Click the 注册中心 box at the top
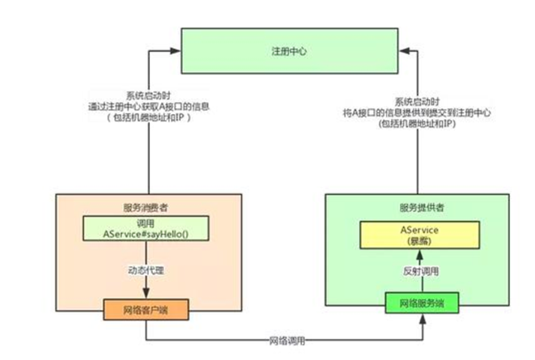coord(288,50)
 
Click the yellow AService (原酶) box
coord(419,235)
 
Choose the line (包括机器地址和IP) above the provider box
coord(422,125)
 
